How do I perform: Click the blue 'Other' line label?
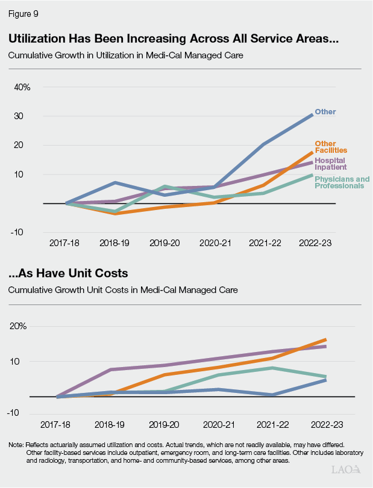[x=325, y=112]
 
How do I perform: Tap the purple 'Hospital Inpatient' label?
[x=331, y=164]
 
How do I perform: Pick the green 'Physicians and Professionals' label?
[x=342, y=182]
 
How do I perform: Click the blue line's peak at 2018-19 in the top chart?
[x=115, y=182]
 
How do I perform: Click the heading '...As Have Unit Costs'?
[x=68, y=273]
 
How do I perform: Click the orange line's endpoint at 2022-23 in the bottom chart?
[x=325, y=340]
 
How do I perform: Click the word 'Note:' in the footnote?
[x=16, y=445]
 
